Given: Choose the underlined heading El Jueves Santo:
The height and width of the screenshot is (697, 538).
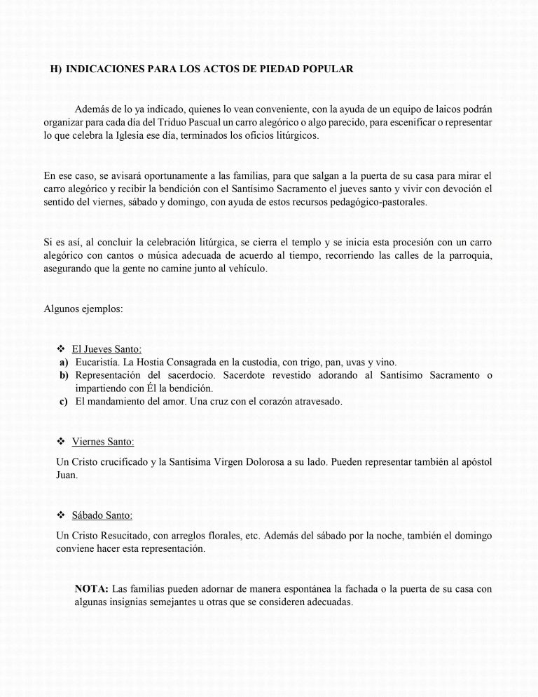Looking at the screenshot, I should (107, 349).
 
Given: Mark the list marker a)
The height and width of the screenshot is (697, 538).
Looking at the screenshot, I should (64, 363).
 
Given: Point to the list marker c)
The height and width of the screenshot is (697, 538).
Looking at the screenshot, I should (64, 402).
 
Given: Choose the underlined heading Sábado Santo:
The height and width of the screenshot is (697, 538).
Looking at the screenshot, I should (102, 516).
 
